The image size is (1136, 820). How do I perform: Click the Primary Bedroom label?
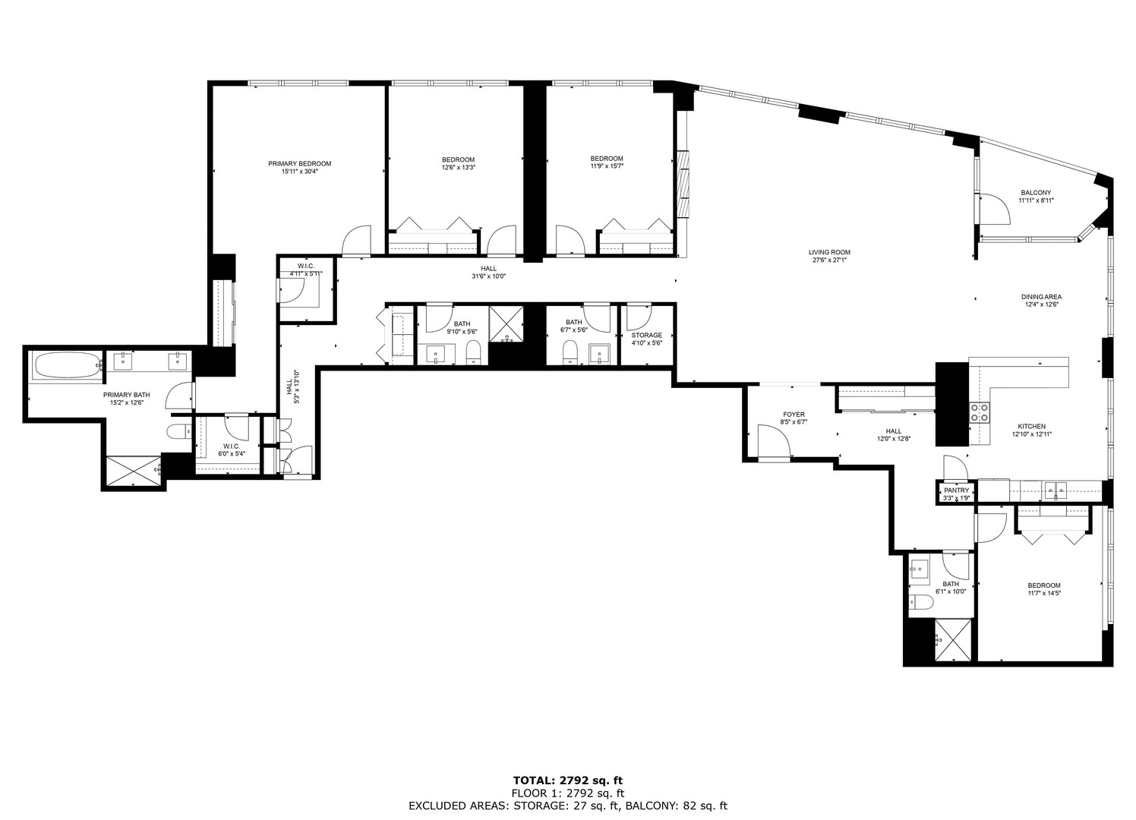299,163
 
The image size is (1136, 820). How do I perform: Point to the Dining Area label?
1040,297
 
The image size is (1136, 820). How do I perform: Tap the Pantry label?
956,490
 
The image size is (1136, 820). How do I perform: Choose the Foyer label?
793,415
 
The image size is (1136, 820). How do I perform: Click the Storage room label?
646,335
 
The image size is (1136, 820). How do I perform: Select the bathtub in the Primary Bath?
67,366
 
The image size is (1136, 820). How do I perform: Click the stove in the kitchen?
980,412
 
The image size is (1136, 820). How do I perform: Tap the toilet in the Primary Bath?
178,432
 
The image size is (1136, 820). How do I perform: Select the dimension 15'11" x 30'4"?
299,172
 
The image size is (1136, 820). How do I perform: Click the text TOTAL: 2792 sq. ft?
568,780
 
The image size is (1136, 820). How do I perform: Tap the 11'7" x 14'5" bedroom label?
1043,585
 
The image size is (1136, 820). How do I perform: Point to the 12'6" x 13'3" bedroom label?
458,159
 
